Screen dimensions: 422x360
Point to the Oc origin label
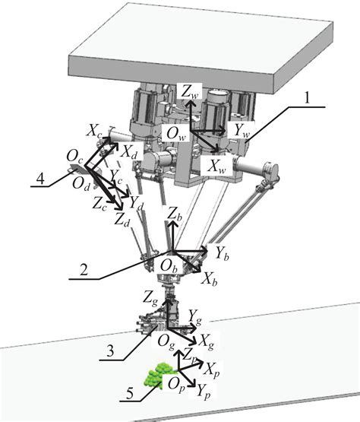(x=74, y=157)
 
